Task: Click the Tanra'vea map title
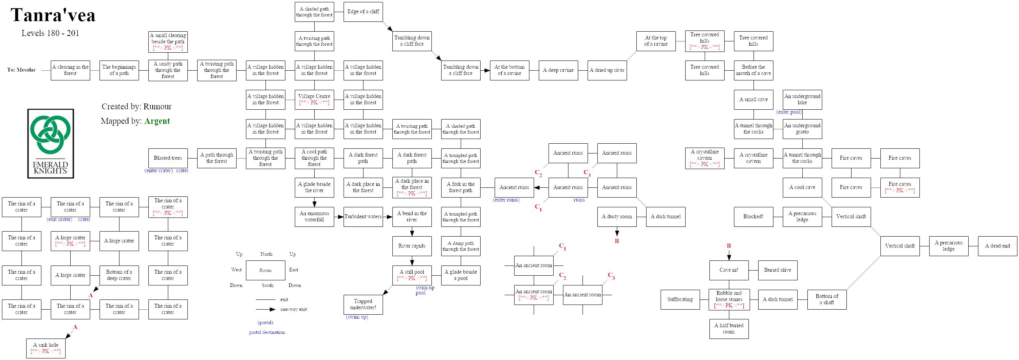pos(53,16)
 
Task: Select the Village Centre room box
pos(314,99)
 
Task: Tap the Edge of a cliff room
pos(363,12)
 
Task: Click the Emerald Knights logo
pos(51,143)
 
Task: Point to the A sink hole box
pos(46,348)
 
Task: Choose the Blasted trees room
pos(168,158)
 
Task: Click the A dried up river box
pos(607,70)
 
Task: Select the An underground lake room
pos(802,99)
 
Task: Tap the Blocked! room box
pos(753,217)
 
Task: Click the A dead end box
pos(997,246)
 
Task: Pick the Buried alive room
pos(777,270)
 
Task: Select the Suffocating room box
pos(680,299)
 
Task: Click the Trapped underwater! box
pos(363,305)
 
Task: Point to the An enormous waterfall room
pos(314,217)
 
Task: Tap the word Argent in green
pos(157,121)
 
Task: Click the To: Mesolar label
pos(21,70)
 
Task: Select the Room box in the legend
pos(265,270)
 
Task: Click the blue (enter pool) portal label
pos(789,112)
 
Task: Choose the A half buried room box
pos(729,329)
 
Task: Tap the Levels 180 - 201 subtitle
pos(50,33)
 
